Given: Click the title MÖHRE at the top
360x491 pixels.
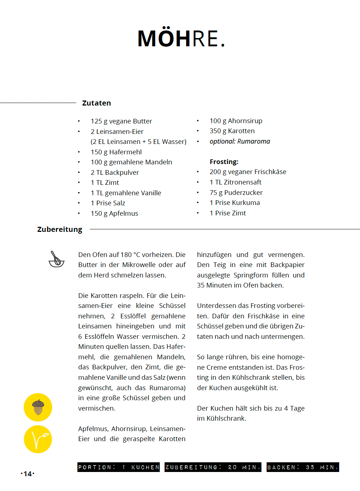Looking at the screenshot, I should click(181, 38).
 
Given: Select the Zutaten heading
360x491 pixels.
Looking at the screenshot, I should click(96, 103).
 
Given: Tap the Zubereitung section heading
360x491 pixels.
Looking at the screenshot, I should click(60, 229).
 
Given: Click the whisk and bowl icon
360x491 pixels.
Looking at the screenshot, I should click(56, 259).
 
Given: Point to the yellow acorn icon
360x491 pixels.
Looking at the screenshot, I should click(38, 407).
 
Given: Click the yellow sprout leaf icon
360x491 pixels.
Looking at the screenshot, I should click(38, 439).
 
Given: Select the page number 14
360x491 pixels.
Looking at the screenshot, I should click(28, 474).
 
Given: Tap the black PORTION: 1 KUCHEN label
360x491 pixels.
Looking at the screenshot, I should click(119, 467).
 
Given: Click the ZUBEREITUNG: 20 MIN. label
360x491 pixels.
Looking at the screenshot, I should click(213, 467).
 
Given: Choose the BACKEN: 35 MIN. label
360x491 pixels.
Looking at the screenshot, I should click(303, 467).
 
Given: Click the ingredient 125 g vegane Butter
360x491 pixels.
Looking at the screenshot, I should click(121, 121).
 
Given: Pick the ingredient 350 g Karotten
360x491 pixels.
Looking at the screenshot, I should click(232, 131).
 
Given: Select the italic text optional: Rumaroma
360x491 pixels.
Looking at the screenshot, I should click(240, 141).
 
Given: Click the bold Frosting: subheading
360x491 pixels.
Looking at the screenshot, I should click(224, 162).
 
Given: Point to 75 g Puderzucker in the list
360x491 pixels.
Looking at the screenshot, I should click(236, 193).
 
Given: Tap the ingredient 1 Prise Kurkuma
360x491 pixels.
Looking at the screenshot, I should click(234, 203).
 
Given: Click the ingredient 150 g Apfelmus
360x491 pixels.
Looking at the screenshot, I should click(114, 214).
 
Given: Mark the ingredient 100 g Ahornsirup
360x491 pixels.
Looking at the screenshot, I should click(236, 121).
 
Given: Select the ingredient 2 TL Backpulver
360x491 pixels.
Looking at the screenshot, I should click(115, 173).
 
